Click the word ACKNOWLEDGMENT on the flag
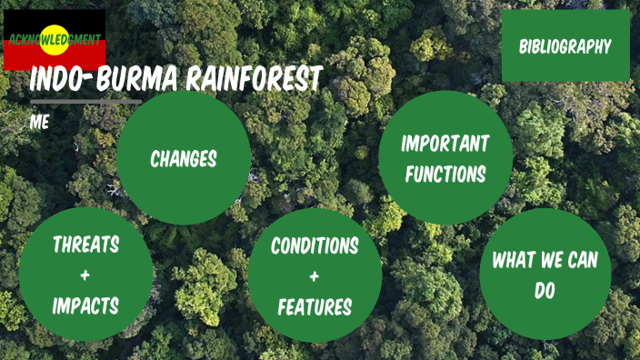coord(53,40)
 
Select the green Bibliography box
coord(565,46)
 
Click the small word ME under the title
coord(39,121)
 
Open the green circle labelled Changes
coord(184,158)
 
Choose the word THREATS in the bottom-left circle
coord(85,244)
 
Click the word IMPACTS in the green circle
coord(85,305)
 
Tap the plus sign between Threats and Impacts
coord(85,275)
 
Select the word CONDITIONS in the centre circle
coord(315,245)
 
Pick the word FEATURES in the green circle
coord(315,307)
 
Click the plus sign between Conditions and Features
coord(315,276)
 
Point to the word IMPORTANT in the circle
coord(445,144)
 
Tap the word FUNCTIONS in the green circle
coord(445,174)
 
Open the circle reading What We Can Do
coord(545,273)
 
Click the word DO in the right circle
coord(545,291)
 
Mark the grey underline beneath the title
coord(85,103)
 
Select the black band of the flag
coord(18,18)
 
